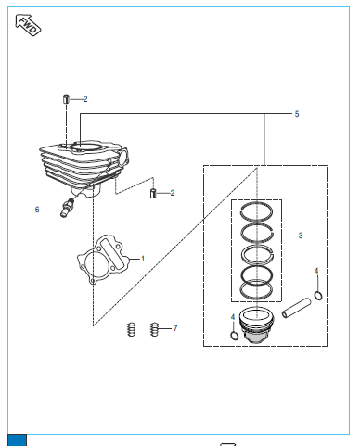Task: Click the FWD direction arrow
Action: (x=28, y=25)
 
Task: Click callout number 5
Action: (x=297, y=114)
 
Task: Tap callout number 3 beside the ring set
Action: (x=301, y=236)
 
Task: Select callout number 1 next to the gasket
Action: (x=143, y=259)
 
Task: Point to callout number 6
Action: (x=37, y=210)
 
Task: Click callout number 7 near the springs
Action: (x=175, y=328)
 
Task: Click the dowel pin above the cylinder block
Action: (x=66, y=99)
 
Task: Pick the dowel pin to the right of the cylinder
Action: (x=153, y=193)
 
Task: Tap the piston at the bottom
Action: (x=256, y=325)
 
